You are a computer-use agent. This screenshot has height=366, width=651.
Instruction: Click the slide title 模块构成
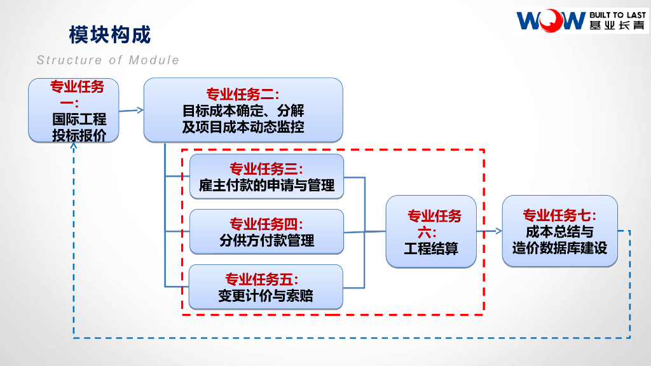coord(109,35)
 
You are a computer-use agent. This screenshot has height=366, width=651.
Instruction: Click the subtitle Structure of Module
coord(108,60)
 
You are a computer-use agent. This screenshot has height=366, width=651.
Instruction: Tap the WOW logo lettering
coord(550,21)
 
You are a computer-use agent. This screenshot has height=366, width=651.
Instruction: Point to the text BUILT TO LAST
coord(617,15)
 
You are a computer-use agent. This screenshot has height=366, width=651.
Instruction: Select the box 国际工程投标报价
coord(74,111)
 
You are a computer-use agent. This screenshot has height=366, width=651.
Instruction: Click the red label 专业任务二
coord(243,95)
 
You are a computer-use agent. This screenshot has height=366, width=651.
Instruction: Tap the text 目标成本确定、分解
coord(243,111)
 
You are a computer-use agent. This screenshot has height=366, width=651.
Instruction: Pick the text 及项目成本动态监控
coord(243,126)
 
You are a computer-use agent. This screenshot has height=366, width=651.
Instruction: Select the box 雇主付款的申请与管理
coord(266,177)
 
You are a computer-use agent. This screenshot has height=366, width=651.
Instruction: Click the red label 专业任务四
coord(266,224)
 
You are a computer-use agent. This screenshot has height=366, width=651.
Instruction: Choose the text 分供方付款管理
coord(266,241)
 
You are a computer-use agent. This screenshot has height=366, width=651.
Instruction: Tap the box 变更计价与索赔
coord(266,287)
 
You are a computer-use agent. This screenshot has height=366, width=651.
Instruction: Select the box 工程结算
coord(431,231)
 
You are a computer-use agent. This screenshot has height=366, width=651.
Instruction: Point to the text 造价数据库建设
coord(560,248)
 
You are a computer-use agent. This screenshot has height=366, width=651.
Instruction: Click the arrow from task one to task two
coord(131,111)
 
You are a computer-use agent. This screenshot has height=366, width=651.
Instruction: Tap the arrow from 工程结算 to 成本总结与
coord(489,232)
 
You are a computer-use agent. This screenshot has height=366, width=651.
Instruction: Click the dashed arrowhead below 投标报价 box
coord(74,147)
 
